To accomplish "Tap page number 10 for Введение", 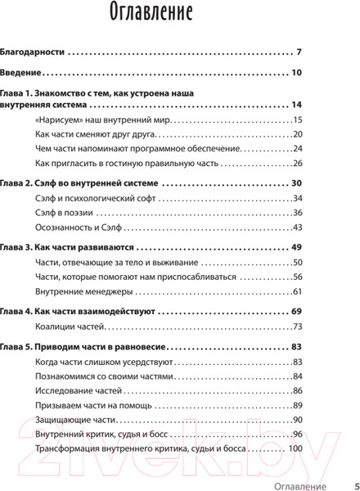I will click(x=297, y=73).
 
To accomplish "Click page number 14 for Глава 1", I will click(x=297, y=106).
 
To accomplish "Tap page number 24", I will click(x=298, y=149).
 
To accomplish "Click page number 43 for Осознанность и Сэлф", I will click(x=298, y=227).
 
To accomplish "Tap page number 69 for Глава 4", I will click(x=297, y=311).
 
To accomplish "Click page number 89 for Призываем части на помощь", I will click(x=298, y=405).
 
